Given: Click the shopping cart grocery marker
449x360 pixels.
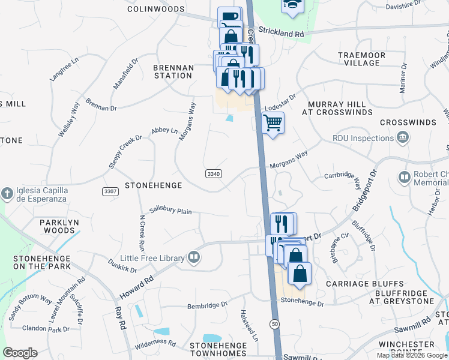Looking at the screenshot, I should coord(273,123).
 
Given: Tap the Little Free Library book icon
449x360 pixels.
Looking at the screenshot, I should coord(194,258).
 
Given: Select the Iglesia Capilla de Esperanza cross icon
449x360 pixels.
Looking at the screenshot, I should coord(7,193).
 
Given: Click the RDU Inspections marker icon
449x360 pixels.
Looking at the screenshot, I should coord(403,138).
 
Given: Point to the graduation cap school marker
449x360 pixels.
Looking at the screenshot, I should coord(292,5).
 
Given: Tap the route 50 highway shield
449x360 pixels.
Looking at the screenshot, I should coord(274,323).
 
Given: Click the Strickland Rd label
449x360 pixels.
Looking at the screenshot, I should coord(282,34).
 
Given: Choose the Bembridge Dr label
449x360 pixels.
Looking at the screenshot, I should coord(207,304).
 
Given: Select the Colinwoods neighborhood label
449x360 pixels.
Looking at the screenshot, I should coord(155,9).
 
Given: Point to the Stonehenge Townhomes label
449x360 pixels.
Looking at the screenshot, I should coord(218,350).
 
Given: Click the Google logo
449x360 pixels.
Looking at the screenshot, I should coord(20,353).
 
